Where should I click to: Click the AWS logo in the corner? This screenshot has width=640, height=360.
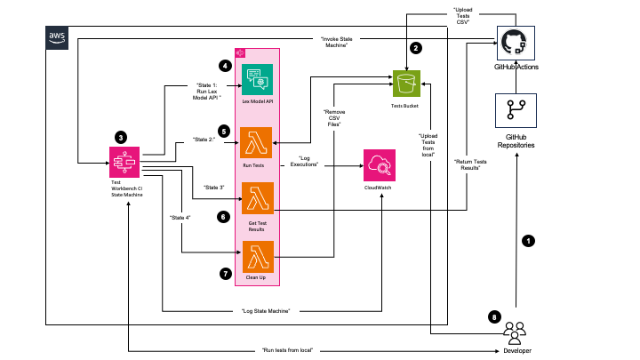point(57,36)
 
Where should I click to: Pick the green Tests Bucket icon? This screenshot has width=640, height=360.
point(407,84)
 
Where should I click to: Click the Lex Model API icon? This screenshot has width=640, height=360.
point(258,80)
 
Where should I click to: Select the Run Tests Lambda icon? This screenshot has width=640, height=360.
point(258,142)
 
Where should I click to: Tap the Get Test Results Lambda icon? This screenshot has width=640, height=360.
point(258,198)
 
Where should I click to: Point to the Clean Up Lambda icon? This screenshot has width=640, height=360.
point(258,255)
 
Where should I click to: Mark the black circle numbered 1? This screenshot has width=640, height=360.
point(529,240)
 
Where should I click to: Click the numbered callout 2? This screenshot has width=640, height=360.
point(414,49)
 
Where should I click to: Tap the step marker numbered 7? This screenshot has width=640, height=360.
point(225,274)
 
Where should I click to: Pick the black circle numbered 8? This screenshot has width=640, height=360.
point(494,316)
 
